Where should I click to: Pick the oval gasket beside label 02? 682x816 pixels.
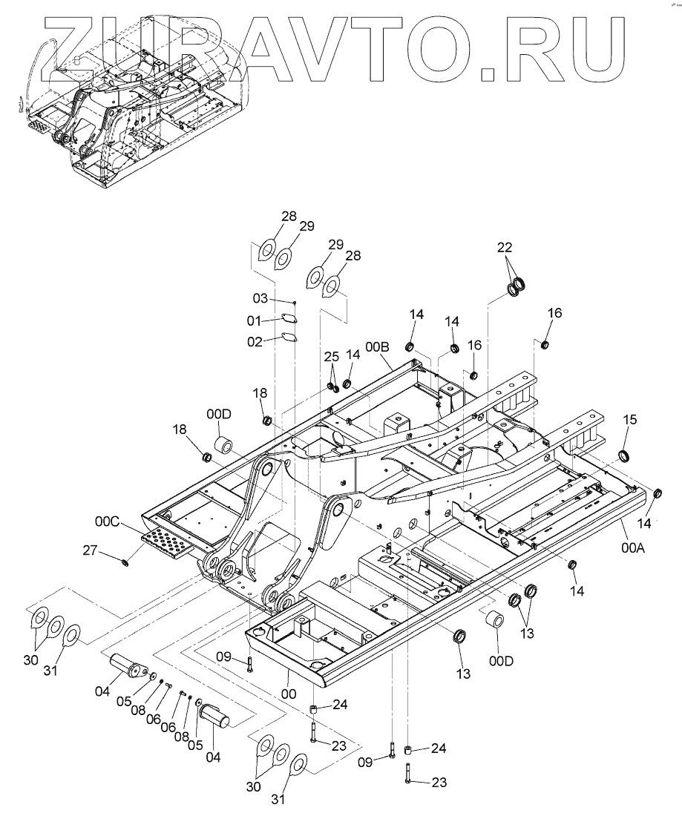(x=285, y=340)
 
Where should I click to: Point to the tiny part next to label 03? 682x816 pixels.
(x=294, y=302)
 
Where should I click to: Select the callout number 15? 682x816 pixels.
(x=629, y=420)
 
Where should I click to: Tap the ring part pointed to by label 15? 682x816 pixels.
(x=624, y=454)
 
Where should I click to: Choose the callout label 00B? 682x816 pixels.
(x=376, y=346)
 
